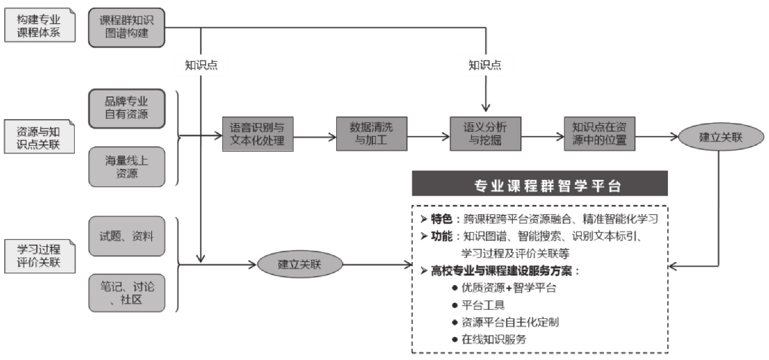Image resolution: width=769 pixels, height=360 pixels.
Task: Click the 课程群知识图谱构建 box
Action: (x=126, y=27)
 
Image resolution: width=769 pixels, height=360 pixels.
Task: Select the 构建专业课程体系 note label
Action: (x=39, y=26)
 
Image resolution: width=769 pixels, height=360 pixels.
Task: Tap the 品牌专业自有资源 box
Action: (x=126, y=108)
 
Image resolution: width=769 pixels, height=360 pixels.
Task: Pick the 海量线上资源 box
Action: (x=126, y=167)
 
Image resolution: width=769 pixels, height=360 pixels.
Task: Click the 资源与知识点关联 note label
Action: (x=39, y=137)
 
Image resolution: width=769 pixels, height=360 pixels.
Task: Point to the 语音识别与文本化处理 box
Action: (x=257, y=134)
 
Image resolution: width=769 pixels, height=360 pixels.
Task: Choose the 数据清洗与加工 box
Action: (x=371, y=134)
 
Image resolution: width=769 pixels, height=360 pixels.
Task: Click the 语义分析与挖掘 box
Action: (x=485, y=134)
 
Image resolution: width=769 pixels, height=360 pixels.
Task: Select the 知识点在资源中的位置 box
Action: (x=599, y=134)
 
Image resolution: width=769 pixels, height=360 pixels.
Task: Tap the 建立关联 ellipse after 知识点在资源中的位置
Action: (x=720, y=137)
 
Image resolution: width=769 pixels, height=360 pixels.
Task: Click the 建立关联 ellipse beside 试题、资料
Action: (x=300, y=264)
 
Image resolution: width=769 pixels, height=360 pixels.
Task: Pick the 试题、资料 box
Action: (x=126, y=236)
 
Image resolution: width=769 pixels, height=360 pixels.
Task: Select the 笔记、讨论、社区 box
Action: (x=126, y=293)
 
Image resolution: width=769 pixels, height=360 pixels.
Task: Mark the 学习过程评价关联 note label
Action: (x=39, y=256)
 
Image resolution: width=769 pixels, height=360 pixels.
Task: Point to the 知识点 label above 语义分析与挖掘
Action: (x=485, y=65)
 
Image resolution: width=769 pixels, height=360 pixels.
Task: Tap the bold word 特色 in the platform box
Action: (x=441, y=219)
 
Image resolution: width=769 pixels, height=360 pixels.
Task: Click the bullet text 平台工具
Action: (x=483, y=305)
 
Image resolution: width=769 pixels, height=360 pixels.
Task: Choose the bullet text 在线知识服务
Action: (x=494, y=339)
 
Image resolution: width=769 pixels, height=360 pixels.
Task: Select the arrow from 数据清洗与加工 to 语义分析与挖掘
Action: (x=428, y=136)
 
